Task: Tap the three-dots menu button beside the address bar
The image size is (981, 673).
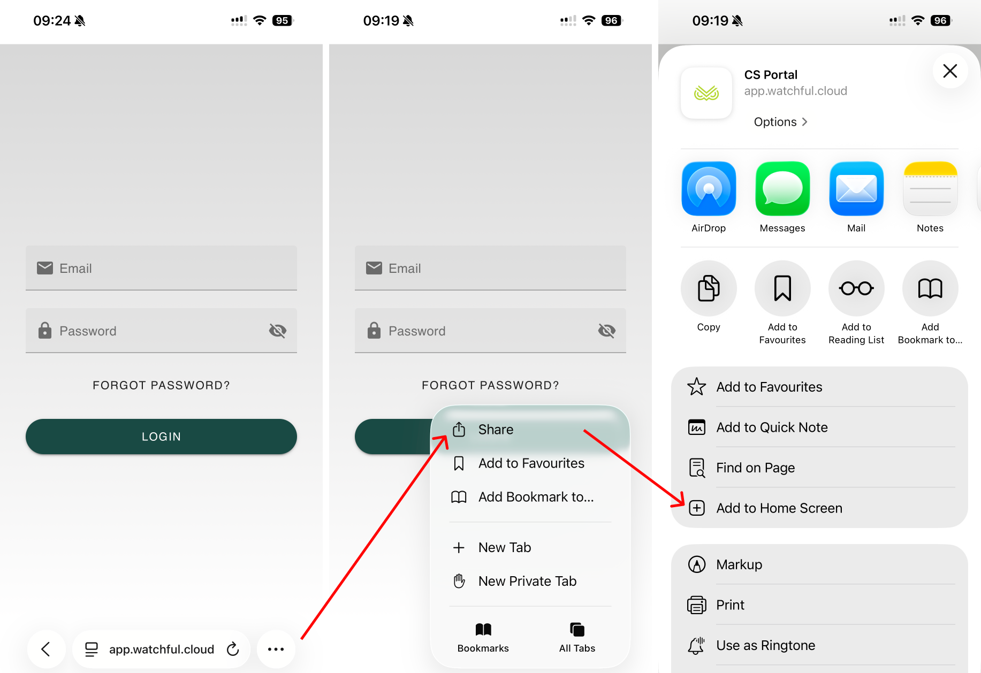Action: coord(276,649)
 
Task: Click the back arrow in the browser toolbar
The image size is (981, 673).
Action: coord(46,649)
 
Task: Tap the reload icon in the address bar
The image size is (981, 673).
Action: coord(233,649)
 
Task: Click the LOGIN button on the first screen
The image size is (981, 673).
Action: coord(161,437)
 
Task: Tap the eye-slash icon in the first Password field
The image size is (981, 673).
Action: coord(277,331)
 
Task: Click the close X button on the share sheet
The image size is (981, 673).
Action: coord(950,71)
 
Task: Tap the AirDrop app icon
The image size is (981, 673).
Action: coord(709,188)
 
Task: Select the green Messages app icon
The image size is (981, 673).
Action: coord(782,188)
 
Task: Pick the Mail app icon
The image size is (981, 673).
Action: coord(856,188)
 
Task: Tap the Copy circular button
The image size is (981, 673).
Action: coord(709,288)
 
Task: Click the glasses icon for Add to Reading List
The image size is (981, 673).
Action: coord(856,288)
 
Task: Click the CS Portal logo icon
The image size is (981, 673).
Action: coord(706,93)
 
